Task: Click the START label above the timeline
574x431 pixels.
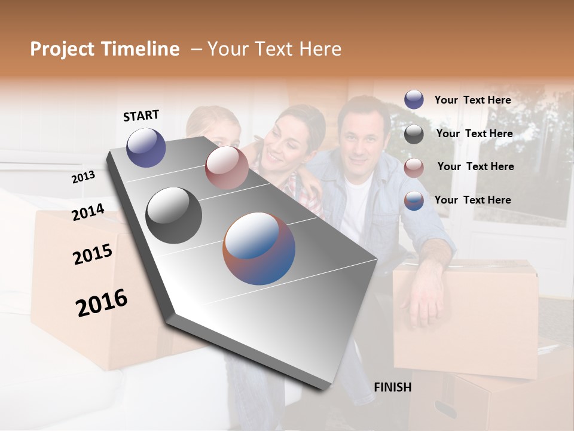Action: (141, 116)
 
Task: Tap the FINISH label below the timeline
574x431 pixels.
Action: (392, 387)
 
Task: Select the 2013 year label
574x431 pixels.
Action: (83, 177)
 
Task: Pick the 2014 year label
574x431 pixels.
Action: (88, 212)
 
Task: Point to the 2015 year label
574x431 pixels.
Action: (92, 254)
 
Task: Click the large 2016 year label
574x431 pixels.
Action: (102, 303)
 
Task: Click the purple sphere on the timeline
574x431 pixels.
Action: (146, 147)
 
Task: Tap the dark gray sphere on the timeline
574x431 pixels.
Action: (173, 215)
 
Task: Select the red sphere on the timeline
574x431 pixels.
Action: (226, 168)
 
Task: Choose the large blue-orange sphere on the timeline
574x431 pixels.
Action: (259, 248)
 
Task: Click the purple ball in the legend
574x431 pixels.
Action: (414, 99)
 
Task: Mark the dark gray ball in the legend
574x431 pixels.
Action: (414, 134)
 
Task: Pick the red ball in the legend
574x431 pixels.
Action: (414, 168)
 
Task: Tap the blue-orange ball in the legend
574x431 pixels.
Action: (414, 201)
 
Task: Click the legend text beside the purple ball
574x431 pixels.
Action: (472, 100)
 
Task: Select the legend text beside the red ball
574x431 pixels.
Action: (475, 166)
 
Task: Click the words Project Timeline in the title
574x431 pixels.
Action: (105, 49)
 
